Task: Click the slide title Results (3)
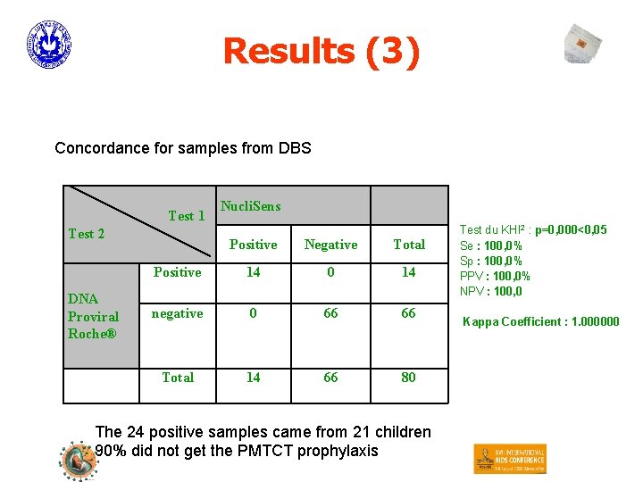pyautogui.click(x=321, y=51)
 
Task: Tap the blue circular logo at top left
pyautogui.click(x=48, y=45)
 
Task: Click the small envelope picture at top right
pyautogui.click(x=583, y=44)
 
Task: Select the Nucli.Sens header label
pyautogui.click(x=250, y=206)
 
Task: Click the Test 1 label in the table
pyautogui.click(x=187, y=215)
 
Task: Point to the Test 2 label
pyautogui.click(x=87, y=234)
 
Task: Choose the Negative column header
pyautogui.click(x=330, y=245)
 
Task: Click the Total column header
pyautogui.click(x=409, y=245)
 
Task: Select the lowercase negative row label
pyautogui.click(x=177, y=313)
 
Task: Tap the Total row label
pyautogui.click(x=178, y=378)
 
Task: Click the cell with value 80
pyautogui.click(x=408, y=378)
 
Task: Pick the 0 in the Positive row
pyautogui.click(x=330, y=272)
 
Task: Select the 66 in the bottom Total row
pyautogui.click(x=330, y=378)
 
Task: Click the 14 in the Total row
pyautogui.click(x=254, y=378)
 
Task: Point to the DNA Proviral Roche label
pyautogui.click(x=93, y=316)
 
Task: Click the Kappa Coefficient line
pyautogui.click(x=539, y=321)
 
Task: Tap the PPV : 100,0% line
pyautogui.click(x=495, y=276)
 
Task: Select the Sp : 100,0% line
pyautogui.click(x=490, y=261)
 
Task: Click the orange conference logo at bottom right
pyautogui.click(x=509, y=459)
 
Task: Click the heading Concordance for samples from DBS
pyautogui.click(x=183, y=147)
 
